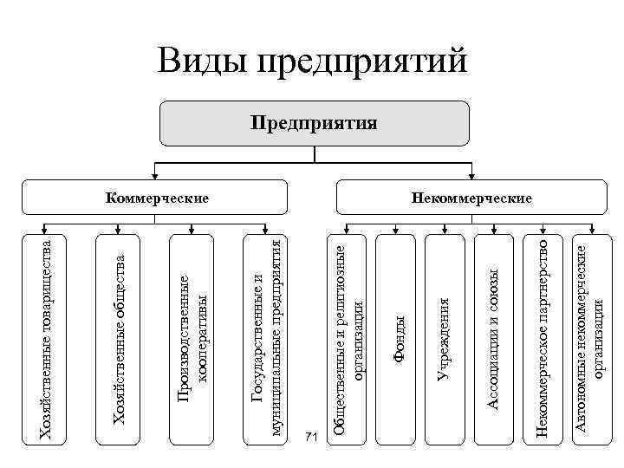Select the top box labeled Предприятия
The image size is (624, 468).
(314, 122)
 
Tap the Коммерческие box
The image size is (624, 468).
(157, 198)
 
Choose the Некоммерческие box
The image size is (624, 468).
(471, 198)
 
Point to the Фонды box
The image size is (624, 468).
(398, 338)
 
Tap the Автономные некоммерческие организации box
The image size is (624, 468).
(591, 338)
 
